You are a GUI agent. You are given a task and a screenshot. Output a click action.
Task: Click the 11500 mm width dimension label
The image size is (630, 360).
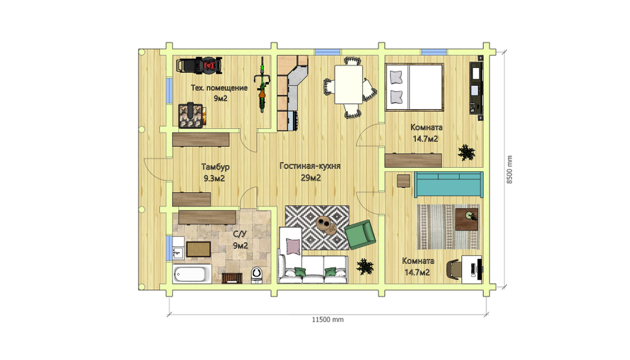coord(328,320)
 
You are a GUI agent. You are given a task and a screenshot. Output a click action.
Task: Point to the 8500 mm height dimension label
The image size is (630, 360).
coord(510,170)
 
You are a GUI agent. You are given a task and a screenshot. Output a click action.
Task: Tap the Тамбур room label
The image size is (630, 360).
coord(215,166)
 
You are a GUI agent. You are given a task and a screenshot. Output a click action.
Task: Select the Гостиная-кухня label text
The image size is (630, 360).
coord(310,166)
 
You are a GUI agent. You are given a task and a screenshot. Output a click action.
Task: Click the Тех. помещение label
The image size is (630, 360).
coord(219,88)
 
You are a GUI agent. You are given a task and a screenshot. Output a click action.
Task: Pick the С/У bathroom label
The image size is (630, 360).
coord(240,234)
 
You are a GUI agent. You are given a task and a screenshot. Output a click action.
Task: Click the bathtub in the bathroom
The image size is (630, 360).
coord(192,274)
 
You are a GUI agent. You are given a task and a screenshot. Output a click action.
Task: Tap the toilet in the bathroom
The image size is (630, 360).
coord(257,274)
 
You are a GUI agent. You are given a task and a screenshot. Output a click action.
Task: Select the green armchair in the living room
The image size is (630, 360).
coord(360,235)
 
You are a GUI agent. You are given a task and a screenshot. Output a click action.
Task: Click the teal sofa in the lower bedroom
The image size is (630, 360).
coord(449,184)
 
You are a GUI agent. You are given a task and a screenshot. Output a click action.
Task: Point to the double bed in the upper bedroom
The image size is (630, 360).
coord(415,87)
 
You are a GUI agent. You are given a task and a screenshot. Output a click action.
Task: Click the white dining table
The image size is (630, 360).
coord(348,84)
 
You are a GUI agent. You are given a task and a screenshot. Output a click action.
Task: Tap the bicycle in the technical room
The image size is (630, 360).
coord(262,84)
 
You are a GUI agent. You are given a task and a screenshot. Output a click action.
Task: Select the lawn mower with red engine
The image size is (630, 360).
coord(199,66)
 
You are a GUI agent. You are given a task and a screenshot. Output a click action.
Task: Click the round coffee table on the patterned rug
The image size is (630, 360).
coord(326,224)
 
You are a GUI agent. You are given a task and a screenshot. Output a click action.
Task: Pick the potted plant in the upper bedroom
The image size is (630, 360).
coord(466,153)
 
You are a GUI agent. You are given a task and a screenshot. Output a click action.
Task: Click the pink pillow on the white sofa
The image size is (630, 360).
coord(294,246)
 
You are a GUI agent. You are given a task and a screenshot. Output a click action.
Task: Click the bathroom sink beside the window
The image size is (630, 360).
coord(178,253)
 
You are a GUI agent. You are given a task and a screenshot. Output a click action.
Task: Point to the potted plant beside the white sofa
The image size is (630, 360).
coord(365,266)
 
